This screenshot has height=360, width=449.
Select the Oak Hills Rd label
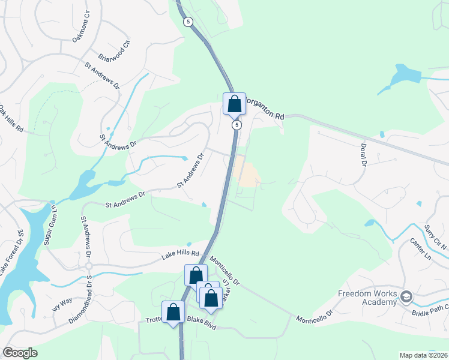tap(11, 119)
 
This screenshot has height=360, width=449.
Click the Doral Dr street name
tap(363, 155)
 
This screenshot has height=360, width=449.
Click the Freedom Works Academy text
tap(367, 298)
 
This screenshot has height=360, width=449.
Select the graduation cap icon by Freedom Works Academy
tap(406, 297)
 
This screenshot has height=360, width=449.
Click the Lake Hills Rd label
tap(179, 256)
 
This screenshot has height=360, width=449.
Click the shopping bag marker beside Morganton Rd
tap(234, 104)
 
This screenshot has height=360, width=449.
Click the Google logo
tap(20, 353)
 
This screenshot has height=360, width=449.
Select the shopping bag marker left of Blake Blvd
tap(173, 313)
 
